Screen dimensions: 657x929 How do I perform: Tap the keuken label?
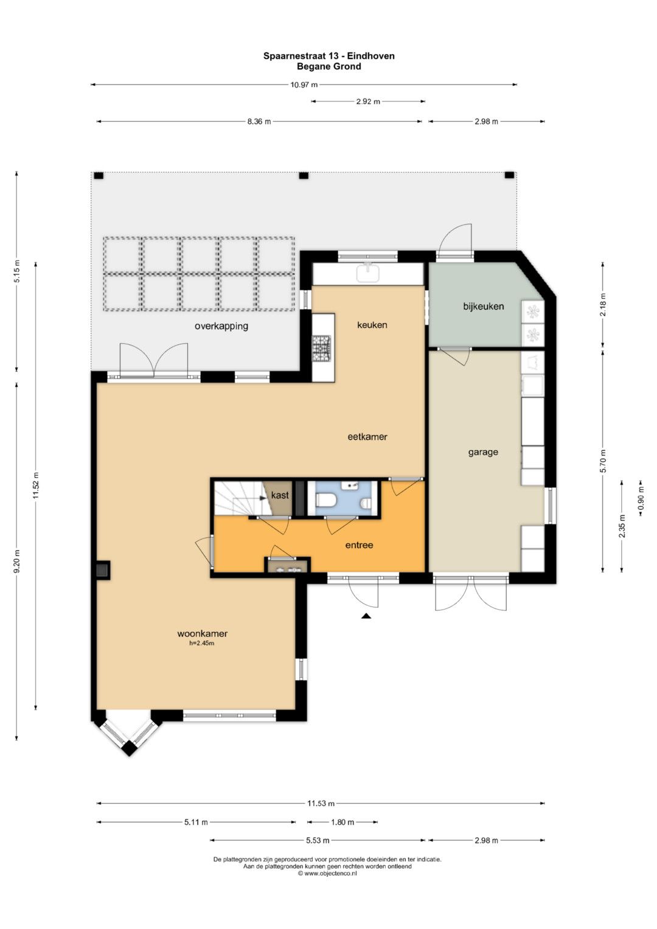[372, 325]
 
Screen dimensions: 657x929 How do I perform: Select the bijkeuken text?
[483, 307]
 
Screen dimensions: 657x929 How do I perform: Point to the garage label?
[483, 452]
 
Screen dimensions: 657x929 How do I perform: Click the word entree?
[359, 545]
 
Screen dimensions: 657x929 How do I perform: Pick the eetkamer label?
[367, 436]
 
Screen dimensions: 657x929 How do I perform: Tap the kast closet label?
[280, 495]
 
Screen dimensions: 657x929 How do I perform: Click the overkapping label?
[221, 326]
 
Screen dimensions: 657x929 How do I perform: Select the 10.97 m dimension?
[304, 85]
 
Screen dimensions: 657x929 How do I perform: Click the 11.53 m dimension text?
[321, 803]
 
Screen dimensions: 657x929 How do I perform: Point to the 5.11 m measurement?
[196, 822]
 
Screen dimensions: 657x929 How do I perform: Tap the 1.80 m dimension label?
[342, 822]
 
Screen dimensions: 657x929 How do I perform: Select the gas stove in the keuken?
[322, 347]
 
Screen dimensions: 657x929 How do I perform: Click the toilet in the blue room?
[325, 501]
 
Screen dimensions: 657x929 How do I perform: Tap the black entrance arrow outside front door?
[366, 616]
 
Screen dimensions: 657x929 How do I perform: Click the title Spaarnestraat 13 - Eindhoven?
[329, 55]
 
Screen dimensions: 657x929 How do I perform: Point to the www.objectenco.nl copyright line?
[327, 873]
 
